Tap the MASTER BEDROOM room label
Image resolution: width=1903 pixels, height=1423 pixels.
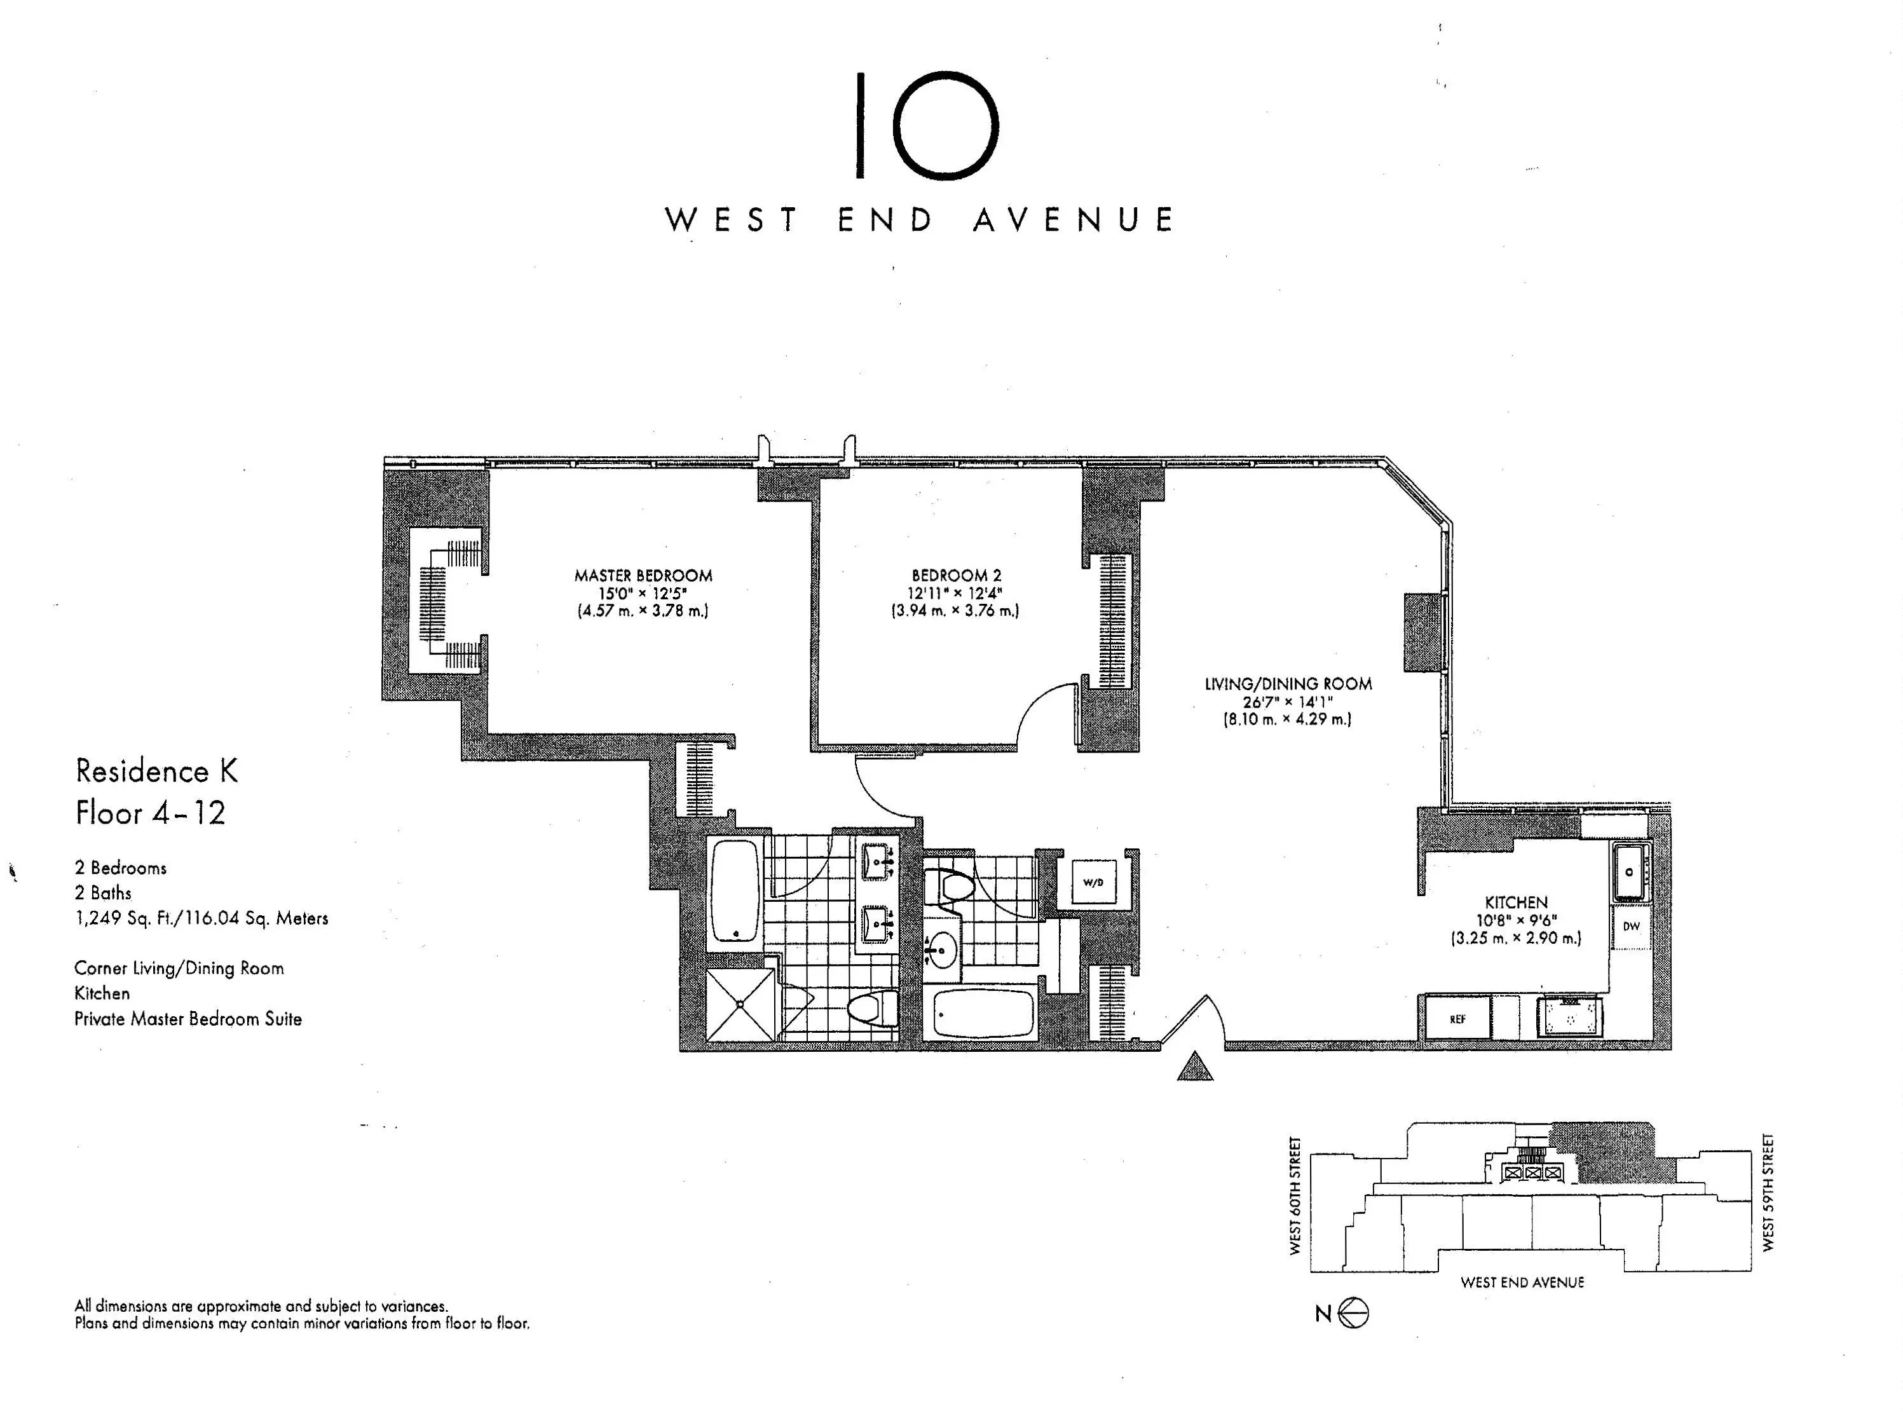[643, 575]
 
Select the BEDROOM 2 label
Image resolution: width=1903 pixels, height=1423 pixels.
[956, 575]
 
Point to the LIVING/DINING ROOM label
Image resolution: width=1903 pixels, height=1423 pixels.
[1287, 684]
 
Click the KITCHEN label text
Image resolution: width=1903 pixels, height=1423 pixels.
[1516, 902]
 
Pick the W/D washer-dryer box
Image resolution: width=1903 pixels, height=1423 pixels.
[1093, 883]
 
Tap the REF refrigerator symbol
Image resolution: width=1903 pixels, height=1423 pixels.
[1457, 1019]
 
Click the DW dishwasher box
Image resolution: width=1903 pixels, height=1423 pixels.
[1631, 927]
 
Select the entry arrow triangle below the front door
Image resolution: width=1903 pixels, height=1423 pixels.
[1194, 1067]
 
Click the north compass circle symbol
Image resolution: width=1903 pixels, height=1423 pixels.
[1354, 1313]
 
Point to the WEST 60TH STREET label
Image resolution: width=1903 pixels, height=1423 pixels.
[1295, 1196]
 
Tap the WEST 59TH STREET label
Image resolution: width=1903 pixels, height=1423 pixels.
[1768, 1192]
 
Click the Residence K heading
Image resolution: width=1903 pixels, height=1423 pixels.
[156, 771]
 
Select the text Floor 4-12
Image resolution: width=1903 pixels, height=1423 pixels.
[151, 813]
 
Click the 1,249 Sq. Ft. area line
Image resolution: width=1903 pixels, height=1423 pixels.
[201, 918]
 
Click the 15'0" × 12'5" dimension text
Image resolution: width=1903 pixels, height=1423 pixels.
[643, 594]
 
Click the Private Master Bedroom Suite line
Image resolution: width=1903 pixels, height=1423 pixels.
[188, 1019]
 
